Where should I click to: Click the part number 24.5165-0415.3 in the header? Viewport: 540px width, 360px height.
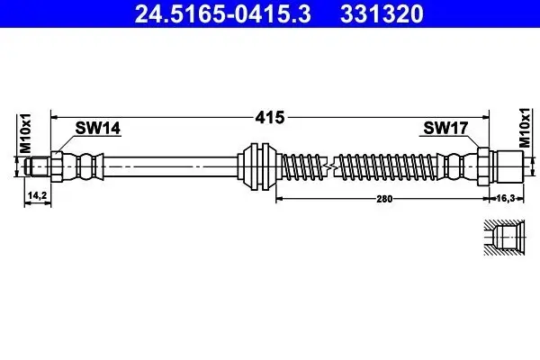pyautogui.click(x=223, y=13)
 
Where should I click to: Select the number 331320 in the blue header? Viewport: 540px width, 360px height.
pyautogui.click(x=382, y=13)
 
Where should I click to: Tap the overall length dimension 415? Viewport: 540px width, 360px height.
pyautogui.click(x=270, y=118)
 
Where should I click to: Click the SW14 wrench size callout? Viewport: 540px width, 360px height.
pyautogui.click(x=98, y=128)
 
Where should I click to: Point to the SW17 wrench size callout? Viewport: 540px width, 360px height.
pyautogui.click(x=445, y=128)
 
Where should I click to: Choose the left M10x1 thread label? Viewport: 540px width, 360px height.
pyautogui.click(x=25, y=133)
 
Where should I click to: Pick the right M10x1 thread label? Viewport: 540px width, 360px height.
pyautogui.click(x=525, y=128)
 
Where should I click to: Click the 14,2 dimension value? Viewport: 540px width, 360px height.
pyautogui.click(x=37, y=195)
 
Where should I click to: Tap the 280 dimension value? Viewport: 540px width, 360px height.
pyautogui.click(x=384, y=199)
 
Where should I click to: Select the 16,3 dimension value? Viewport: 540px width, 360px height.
pyautogui.click(x=506, y=198)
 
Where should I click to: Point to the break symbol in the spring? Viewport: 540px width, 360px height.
pyautogui.click(x=329, y=166)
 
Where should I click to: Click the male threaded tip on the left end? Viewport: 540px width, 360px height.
pyautogui.click(x=37, y=166)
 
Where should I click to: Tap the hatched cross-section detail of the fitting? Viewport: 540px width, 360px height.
pyautogui.click(x=504, y=238)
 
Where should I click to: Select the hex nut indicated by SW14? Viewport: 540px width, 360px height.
pyautogui.click(x=57, y=166)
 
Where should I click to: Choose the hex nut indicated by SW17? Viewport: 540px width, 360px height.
pyautogui.click(x=483, y=166)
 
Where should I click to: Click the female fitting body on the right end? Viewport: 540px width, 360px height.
pyautogui.click(x=506, y=166)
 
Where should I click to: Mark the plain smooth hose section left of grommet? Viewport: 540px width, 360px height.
pyautogui.click(x=170, y=166)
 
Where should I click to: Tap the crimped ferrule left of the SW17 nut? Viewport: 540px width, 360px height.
pyautogui.click(x=457, y=166)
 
